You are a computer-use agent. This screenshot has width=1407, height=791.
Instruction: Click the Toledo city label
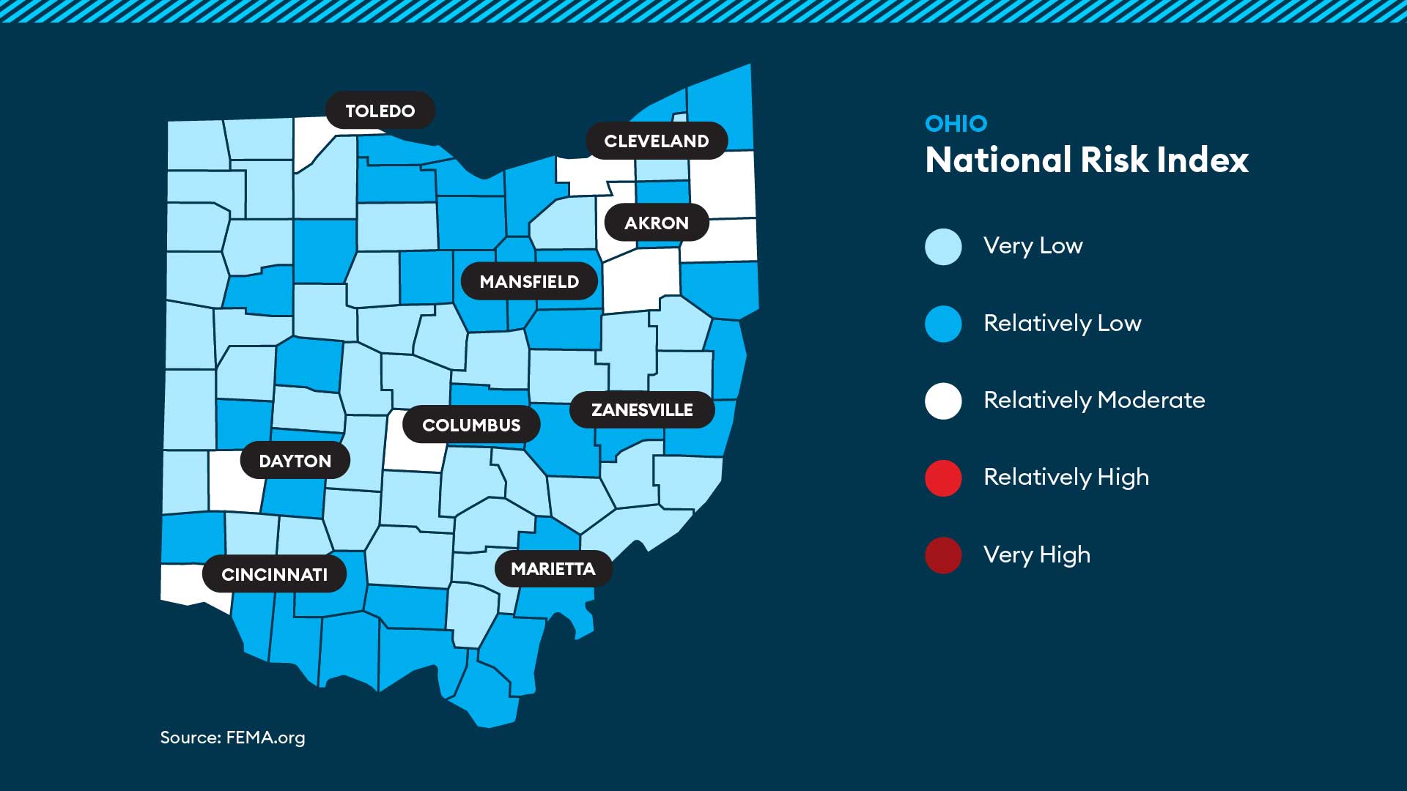coord(380,111)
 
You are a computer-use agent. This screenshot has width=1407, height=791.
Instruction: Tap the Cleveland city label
coord(657,141)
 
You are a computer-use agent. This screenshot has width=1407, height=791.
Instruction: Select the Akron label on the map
coord(657,223)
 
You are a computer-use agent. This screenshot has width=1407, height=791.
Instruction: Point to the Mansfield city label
coord(529,281)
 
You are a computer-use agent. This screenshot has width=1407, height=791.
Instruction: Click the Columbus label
coord(471,425)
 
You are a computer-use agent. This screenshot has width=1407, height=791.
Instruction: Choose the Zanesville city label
coord(642,409)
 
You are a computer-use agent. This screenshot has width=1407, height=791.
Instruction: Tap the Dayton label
coord(295,461)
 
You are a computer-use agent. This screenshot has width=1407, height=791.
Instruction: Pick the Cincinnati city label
coord(274,574)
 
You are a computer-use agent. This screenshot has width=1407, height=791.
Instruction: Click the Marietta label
coord(553,568)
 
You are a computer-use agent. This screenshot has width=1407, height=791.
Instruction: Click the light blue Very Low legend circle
coord(943,246)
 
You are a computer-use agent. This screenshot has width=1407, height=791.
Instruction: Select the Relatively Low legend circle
coord(943,324)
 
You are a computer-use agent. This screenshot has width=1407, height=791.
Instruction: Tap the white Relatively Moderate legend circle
coord(943,401)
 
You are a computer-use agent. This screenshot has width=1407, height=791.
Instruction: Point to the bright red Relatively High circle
coord(943,478)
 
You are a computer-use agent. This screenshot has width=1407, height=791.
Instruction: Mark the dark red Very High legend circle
coord(943,555)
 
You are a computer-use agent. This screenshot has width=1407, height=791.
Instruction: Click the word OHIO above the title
coord(956,124)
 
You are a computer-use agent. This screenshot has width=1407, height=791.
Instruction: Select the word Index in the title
coord(1203,160)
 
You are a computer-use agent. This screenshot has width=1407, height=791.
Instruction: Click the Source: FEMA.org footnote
coord(232,738)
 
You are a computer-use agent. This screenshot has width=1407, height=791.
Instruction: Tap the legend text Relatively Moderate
coord(1094,400)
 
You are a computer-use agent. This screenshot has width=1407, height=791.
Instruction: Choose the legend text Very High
coord(1037,554)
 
